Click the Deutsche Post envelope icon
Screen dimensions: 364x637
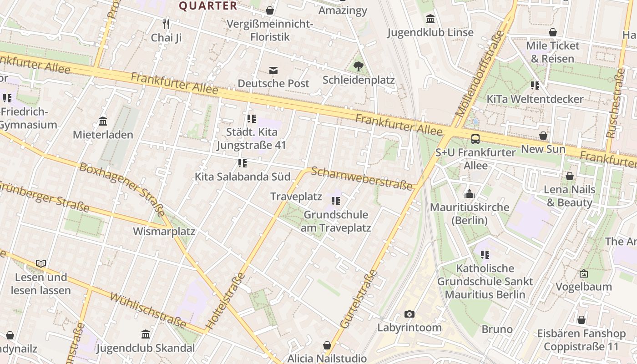(x=273, y=71)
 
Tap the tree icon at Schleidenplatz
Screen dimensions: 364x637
(x=359, y=66)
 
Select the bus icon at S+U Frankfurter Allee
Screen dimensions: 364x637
(x=475, y=139)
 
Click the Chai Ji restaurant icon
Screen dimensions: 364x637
(x=166, y=24)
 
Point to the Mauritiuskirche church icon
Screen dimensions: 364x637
(x=470, y=194)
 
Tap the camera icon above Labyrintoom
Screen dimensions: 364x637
(x=409, y=314)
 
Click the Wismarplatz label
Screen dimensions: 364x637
(x=164, y=231)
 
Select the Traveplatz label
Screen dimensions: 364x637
(x=296, y=197)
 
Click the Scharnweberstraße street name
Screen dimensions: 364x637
(x=362, y=178)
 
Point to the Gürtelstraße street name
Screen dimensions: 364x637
(x=359, y=298)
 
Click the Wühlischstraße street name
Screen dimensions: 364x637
(x=148, y=311)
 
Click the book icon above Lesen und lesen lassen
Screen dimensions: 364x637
(x=41, y=263)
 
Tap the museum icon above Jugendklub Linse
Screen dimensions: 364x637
(x=430, y=19)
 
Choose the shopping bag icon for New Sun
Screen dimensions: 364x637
(x=543, y=136)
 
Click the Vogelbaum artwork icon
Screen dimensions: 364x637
(x=584, y=273)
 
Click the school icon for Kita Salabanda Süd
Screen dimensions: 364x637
(x=243, y=163)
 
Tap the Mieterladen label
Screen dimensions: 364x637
(x=103, y=135)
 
